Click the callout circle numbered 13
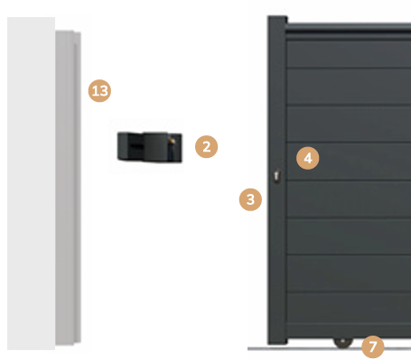pos(99,91)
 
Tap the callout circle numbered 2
pos(207,147)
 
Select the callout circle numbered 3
pos(250,199)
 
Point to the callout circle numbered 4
pos(308,158)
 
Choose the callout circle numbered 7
pos(373,346)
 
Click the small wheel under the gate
pos(343,342)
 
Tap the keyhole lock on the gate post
pos(276,176)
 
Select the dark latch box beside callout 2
pos(150,147)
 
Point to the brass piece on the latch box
pos(173,141)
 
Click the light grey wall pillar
pos(31,183)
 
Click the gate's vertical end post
pos(277,180)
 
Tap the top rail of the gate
pos(350,28)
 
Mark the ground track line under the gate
pos(329,349)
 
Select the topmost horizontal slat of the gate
pos(350,54)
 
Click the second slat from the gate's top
pos(350,87)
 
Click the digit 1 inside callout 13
pos(95,91)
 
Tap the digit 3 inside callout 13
pos(104,91)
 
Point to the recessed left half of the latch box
pos(130,146)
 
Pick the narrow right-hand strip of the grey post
pos(78,187)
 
